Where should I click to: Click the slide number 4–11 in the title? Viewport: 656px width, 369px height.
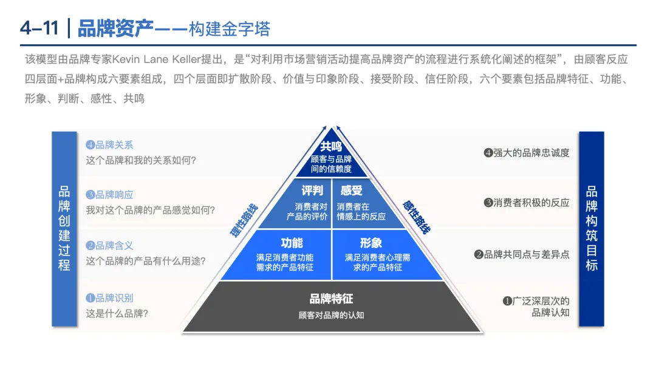[40, 28]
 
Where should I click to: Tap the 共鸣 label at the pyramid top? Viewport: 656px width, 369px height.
[331, 146]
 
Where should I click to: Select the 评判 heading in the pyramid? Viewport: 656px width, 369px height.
[312, 191]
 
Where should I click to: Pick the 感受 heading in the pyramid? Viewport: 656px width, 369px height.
[351, 191]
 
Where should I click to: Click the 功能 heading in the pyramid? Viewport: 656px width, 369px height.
[292, 243]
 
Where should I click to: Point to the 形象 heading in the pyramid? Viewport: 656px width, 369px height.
[371, 243]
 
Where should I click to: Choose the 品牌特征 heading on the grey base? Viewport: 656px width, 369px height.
[331, 299]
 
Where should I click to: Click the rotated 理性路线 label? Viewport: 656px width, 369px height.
[244, 220]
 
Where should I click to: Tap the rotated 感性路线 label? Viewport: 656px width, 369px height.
[416, 217]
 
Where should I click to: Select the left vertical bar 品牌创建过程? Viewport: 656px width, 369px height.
[64, 228]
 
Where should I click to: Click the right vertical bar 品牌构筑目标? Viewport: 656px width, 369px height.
[592, 228]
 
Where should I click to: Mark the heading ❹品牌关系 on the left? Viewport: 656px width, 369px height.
[109, 145]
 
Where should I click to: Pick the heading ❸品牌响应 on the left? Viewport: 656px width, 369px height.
[109, 195]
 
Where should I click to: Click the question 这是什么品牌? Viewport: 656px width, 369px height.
[117, 314]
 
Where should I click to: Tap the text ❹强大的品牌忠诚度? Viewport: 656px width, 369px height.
[527, 153]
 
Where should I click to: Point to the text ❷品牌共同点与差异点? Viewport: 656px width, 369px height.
[522, 255]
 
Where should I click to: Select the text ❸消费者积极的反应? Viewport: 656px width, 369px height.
[527, 203]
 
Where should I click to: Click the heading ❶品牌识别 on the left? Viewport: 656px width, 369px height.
[109, 298]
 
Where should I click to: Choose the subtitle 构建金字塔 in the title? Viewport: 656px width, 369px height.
[230, 29]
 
